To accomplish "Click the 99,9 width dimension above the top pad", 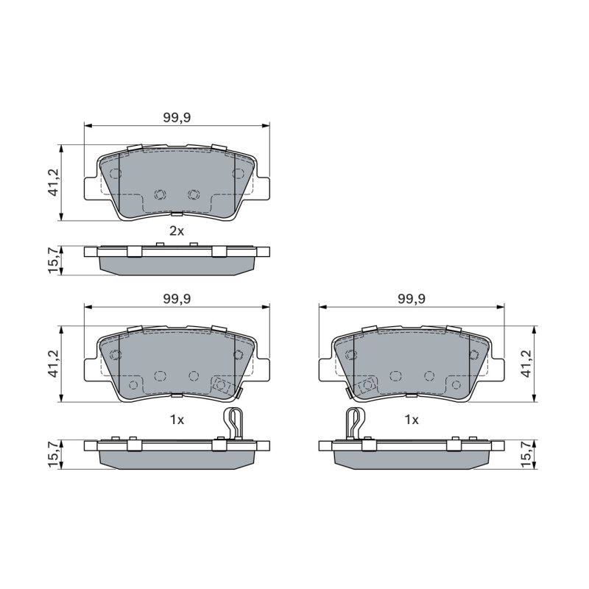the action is (x=177, y=118).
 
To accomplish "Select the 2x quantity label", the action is (x=177, y=231).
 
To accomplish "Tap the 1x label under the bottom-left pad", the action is (x=177, y=420).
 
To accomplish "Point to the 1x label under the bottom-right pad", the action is (x=412, y=420).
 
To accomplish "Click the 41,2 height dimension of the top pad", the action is (x=53, y=182).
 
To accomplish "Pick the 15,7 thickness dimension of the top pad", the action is (x=53, y=260).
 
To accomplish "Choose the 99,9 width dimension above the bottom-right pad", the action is (x=412, y=299).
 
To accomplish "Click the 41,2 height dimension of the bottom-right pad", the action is (x=527, y=363).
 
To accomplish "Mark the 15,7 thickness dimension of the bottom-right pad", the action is (x=527, y=454).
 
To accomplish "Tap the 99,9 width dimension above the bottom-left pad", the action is (x=177, y=299).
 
